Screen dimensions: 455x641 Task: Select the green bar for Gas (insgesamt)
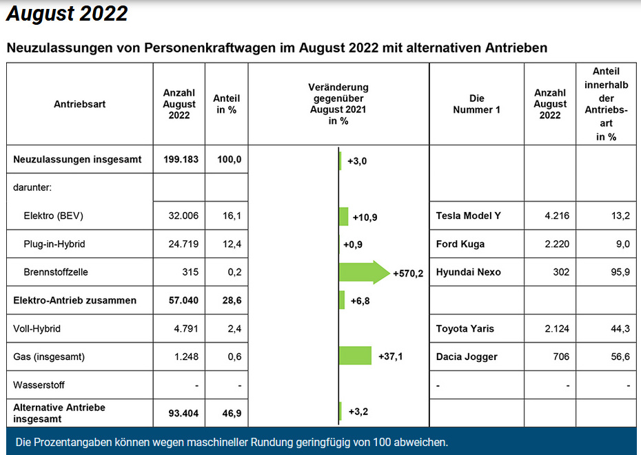point(355,357)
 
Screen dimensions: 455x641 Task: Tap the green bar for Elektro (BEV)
point(344,216)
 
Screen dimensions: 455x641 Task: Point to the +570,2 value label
point(408,273)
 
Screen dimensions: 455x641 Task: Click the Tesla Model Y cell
point(469,216)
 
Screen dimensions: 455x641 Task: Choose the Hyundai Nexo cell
point(469,272)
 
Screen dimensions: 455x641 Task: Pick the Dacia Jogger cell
point(467,357)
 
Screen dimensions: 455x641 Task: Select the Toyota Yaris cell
point(465,328)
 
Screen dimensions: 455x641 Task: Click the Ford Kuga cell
point(460,244)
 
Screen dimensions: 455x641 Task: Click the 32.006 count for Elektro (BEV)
point(183,216)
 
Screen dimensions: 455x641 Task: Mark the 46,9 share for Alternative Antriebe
point(230,413)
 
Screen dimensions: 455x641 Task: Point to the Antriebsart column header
point(79,105)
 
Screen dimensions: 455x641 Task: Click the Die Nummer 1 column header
point(476,104)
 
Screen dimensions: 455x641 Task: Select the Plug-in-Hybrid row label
point(54,244)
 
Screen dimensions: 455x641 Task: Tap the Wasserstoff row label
point(39,385)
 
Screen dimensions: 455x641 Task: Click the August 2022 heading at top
point(68,14)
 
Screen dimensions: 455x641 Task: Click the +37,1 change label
point(390,357)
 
